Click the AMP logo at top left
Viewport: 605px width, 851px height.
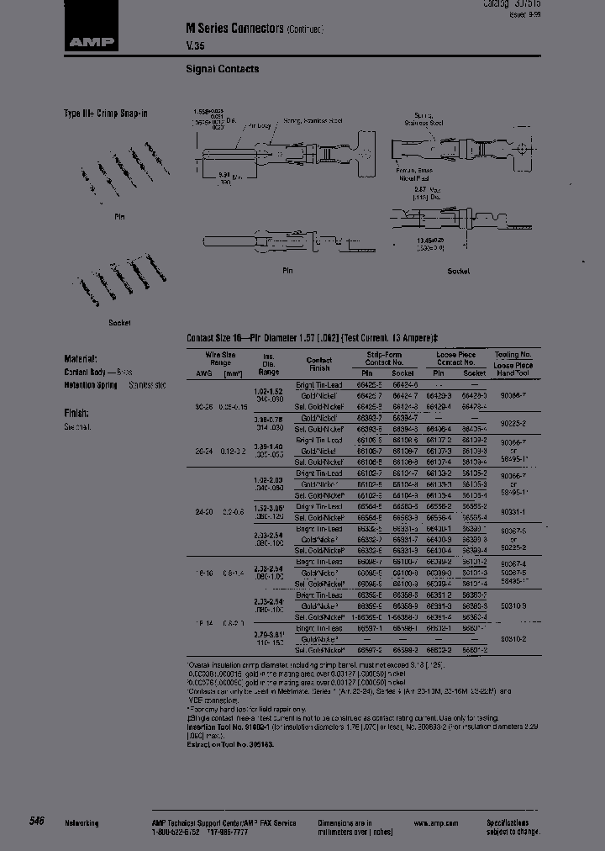point(92,39)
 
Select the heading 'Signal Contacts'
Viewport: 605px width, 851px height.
point(222,69)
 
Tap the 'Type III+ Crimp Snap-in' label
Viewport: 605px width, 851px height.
point(106,114)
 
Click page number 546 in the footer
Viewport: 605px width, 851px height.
point(36,821)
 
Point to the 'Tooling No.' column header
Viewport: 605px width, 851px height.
point(512,355)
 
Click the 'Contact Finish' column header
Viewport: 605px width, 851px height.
point(319,363)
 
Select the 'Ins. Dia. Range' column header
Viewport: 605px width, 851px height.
point(269,363)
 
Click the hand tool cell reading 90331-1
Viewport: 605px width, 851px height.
point(513,510)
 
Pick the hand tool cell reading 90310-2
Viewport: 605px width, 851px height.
point(513,638)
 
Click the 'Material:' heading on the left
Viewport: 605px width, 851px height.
point(81,357)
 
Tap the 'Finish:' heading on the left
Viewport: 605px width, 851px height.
point(77,413)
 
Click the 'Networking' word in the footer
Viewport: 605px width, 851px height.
point(82,823)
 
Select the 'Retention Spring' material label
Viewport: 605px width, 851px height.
point(91,384)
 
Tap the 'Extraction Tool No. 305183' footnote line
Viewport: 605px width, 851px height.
point(229,744)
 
